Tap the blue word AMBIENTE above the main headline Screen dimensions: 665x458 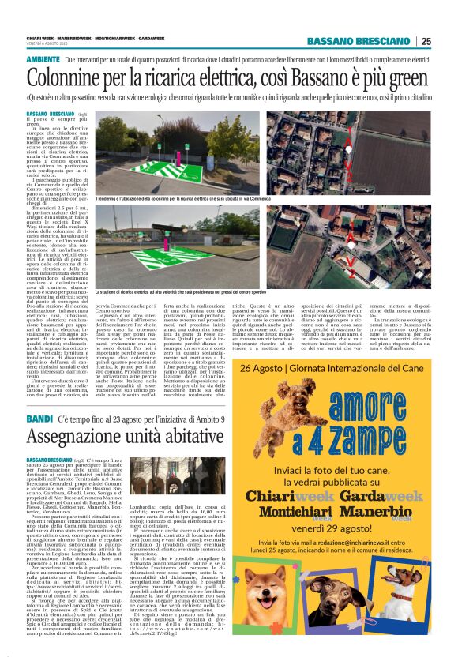(43, 60)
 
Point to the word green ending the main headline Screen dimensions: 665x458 (407, 80)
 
